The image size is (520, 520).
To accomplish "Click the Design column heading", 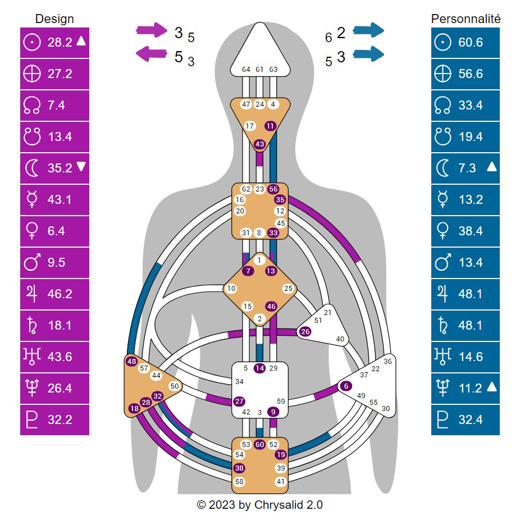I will click(54, 19).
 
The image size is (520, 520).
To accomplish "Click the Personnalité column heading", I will click(466, 19).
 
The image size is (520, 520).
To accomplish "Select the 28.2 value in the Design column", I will click(60, 42).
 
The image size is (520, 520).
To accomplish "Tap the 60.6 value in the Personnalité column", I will click(471, 42).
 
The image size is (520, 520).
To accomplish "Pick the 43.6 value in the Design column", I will click(60, 357).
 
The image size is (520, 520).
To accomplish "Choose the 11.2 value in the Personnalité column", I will click(471, 388).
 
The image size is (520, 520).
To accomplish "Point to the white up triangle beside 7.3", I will click(492, 166).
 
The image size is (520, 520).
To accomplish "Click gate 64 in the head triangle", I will click(246, 70).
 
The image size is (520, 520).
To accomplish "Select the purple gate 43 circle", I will click(259, 144).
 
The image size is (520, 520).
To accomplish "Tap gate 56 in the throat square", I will click(273, 189).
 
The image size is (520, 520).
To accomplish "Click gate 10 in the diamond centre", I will click(231, 289).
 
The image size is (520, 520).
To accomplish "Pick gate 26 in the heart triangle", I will click(305, 332).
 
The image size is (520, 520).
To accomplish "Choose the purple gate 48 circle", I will click(132, 361).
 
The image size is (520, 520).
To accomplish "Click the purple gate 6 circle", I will click(346, 386).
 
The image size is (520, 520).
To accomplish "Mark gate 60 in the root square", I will click(259, 444).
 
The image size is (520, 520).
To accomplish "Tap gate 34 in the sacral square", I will click(239, 382).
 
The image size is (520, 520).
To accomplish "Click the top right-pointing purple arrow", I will click(152, 30).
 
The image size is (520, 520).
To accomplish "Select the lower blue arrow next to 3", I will click(368, 54).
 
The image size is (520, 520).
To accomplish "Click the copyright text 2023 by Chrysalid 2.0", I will click(260, 505).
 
